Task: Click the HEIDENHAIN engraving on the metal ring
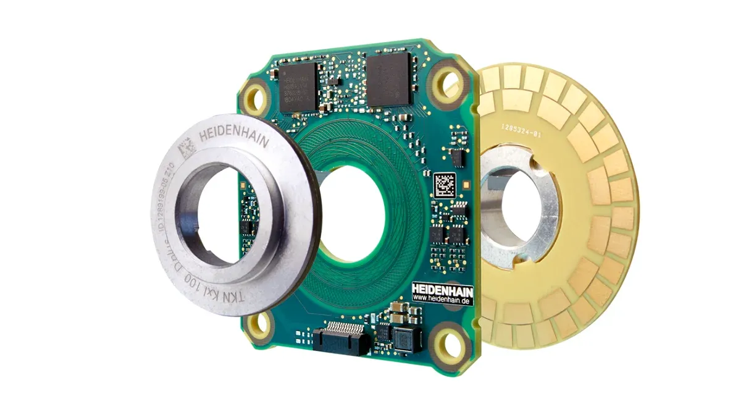pyautogui.click(x=233, y=137)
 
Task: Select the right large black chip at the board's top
pyautogui.click(x=388, y=79)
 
